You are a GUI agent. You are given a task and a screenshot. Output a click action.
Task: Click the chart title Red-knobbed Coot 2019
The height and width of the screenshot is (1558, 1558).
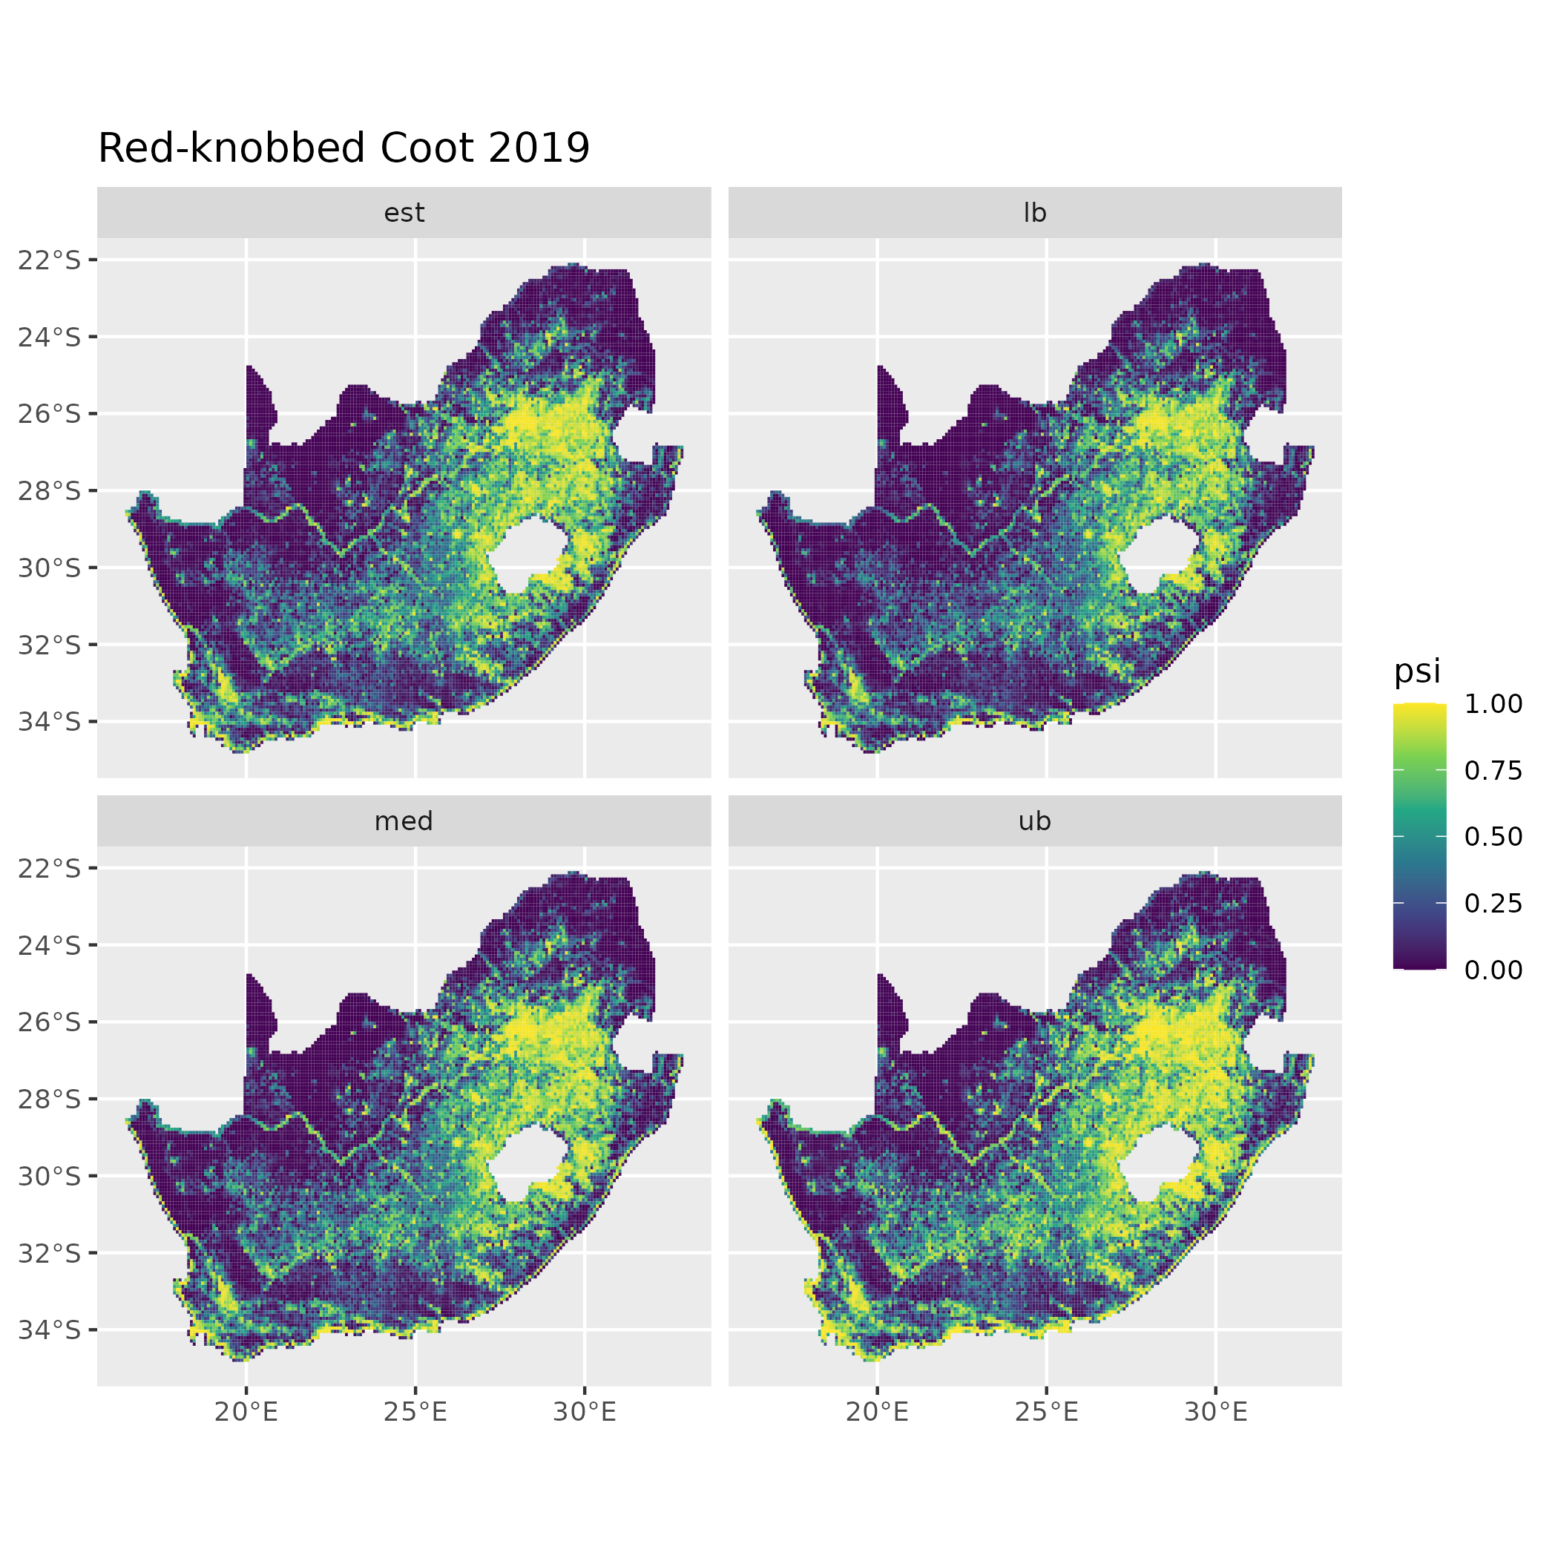344,148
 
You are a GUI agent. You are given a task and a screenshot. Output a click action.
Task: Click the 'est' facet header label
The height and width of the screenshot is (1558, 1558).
404,213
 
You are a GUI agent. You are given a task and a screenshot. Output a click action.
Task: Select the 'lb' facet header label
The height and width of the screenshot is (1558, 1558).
1035,213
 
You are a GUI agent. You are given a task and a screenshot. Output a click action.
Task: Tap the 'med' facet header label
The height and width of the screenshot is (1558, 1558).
404,821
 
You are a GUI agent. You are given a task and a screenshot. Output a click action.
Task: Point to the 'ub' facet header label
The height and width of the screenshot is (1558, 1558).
1035,821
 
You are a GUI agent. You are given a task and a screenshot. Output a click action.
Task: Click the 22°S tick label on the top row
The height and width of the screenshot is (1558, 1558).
50,260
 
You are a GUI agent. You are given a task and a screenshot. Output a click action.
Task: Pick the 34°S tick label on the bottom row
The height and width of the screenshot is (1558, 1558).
50,1329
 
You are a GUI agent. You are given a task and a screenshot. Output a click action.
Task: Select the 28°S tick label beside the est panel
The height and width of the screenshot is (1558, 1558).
50,490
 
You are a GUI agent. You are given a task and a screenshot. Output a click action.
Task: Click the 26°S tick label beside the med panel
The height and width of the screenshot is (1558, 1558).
50,1022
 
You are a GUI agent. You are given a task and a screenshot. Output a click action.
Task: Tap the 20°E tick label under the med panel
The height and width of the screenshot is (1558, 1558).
246,1412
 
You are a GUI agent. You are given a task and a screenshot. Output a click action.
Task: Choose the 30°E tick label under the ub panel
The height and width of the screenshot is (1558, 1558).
1216,1412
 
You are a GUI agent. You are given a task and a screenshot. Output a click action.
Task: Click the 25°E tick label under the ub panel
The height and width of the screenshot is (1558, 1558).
1047,1412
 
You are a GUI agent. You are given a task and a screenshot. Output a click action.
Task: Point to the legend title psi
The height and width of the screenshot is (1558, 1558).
1417,671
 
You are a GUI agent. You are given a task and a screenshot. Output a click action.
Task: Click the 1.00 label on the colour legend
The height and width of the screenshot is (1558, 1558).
1493,704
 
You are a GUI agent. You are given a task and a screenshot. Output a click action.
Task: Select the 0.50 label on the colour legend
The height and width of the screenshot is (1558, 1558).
1493,837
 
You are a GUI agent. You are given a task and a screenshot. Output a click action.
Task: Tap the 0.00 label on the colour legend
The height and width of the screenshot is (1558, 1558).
1493,970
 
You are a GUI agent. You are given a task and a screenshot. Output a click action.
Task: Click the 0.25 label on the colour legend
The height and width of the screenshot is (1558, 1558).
1493,903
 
